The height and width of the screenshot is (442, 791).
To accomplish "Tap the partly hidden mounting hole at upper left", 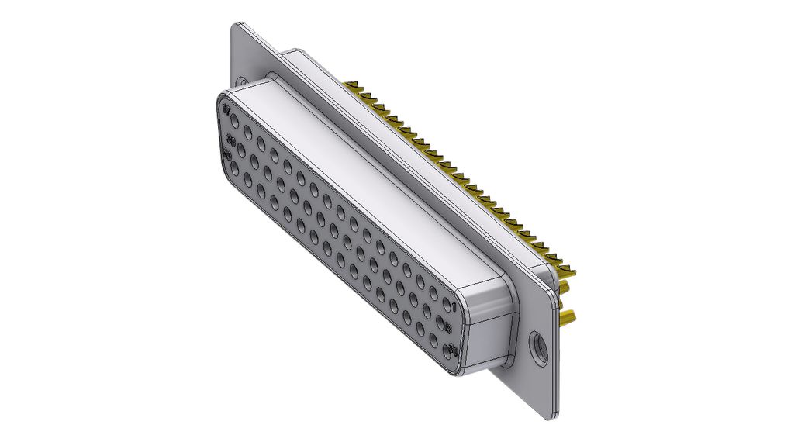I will [x=244, y=81].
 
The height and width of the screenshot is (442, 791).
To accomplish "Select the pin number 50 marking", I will [x=228, y=152].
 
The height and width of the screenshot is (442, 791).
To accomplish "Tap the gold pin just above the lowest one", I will [x=566, y=288].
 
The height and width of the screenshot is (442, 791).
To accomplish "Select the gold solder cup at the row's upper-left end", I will [x=354, y=84].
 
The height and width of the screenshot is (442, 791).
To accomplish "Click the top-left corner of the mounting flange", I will [x=233, y=26].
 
